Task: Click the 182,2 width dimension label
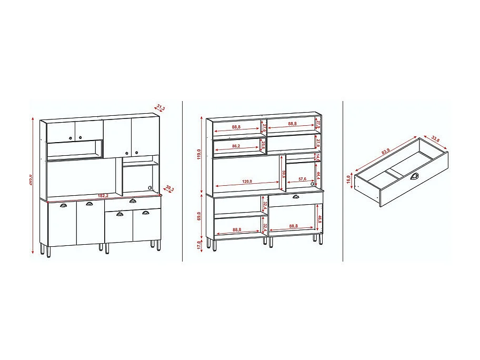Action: [103, 196]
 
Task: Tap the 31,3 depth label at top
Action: [161, 108]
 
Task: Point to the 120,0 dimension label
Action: [247, 182]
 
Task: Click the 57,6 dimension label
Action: [303, 179]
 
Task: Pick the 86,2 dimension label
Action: [235, 146]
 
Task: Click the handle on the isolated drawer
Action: [415, 176]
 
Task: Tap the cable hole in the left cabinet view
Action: [150, 187]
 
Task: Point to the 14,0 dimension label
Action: [318, 157]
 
